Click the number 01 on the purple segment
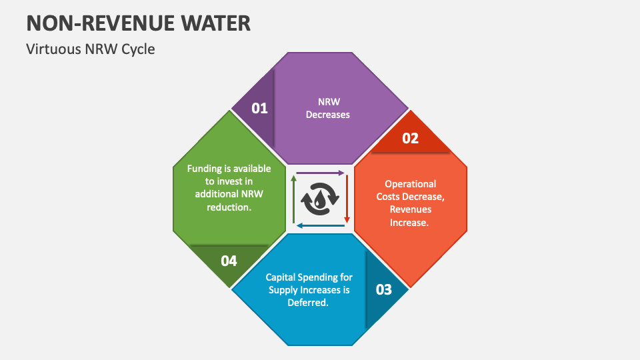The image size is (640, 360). pyautogui.click(x=259, y=108)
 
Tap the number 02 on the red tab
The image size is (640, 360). pyautogui.click(x=410, y=138)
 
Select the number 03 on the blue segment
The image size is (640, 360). pyautogui.click(x=384, y=289)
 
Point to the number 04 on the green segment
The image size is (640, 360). pyautogui.click(x=229, y=261)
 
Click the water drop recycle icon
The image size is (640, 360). pyautogui.click(x=320, y=199)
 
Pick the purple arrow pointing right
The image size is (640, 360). pyautogui.click(x=320, y=173)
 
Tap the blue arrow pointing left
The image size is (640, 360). pyautogui.click(x=321, y=225)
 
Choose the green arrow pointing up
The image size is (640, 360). pyautogui.click(x=293, y=199)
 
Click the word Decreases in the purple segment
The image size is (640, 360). pyautogui.click(x=328, y=115)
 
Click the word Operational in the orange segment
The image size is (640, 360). pyautogui.click(x=411, y=184)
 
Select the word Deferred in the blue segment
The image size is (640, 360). pyautogui.click(x=309, y=302)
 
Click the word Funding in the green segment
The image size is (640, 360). pyautogui.click(x=203, y=169)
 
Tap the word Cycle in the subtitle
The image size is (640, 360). pyautogui.click(x=138, y=49)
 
